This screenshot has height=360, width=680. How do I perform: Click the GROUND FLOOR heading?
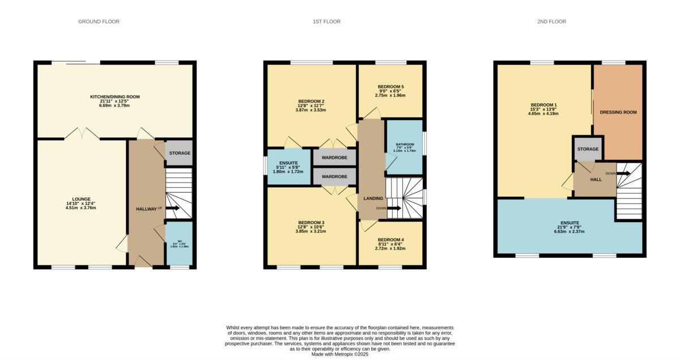point(99,22)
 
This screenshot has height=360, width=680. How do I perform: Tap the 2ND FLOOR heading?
point(551,22)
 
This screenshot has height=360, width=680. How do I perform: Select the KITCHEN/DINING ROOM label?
point(115,97)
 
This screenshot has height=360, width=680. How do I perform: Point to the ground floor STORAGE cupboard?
point(179,153)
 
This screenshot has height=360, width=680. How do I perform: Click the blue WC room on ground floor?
point(178,244)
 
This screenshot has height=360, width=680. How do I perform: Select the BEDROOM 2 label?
point(311,102)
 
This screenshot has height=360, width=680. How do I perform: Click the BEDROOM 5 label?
point(390,87)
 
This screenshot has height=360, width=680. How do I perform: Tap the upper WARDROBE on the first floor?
point(334,157)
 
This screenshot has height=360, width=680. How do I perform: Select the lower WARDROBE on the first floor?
point(334,176)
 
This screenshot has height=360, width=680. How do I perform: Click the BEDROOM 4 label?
point(390,239)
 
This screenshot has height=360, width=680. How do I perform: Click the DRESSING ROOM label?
point(618,112)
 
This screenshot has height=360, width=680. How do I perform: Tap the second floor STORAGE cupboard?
point(588,149)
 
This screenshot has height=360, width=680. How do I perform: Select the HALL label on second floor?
point(596,179)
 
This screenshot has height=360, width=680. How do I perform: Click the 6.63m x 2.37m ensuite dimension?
point(569,231)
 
